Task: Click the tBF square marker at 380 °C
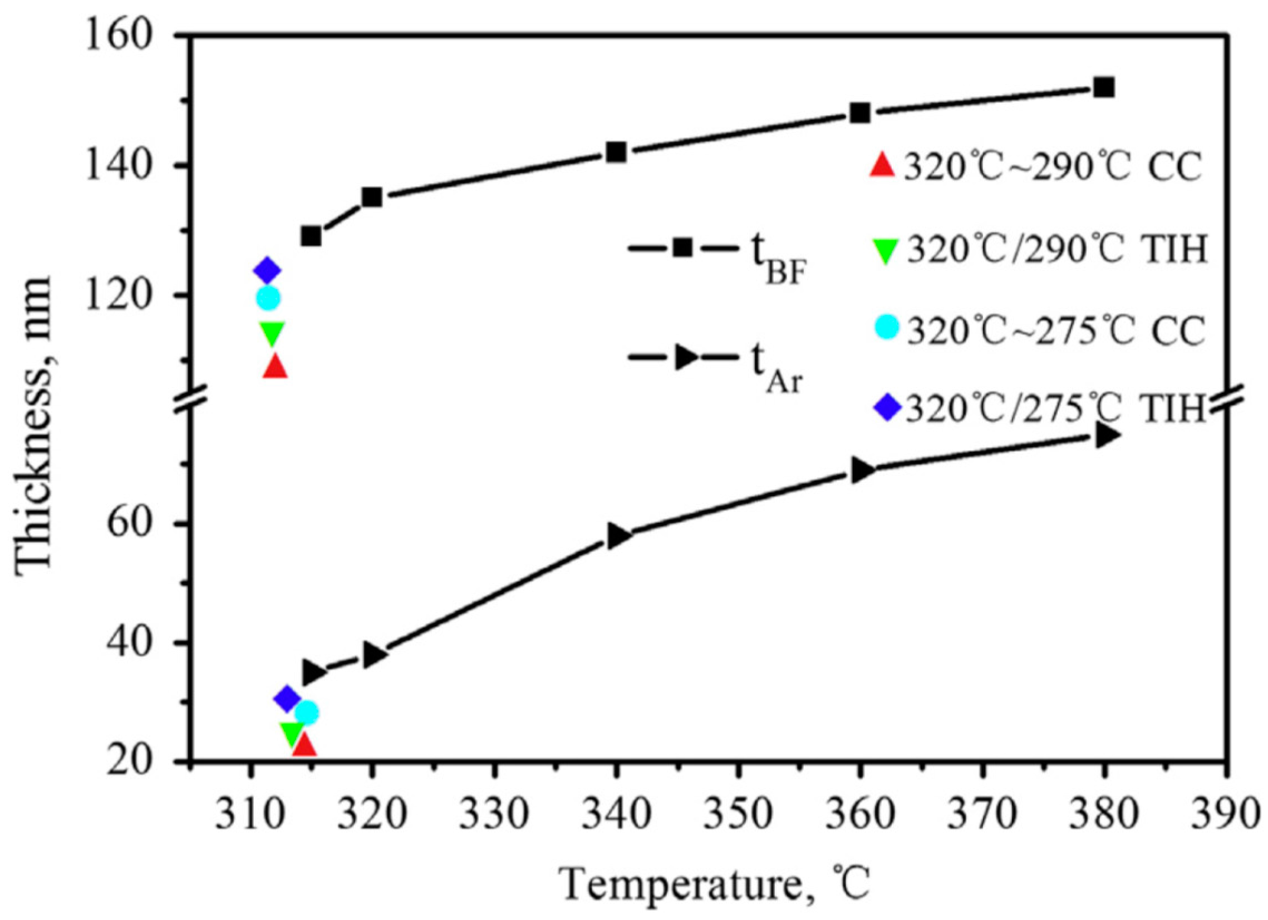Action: click(x=1104, y=88)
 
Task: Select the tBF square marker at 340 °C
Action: click(x=616, y=152)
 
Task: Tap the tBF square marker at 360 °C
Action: click(x=860, y=113)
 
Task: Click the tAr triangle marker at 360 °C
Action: click(x=862, y=471)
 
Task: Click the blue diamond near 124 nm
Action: click(x=267, y=271)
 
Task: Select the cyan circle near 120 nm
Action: click(x=268, y=298)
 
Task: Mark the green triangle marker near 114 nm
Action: click(x=272, y=334)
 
